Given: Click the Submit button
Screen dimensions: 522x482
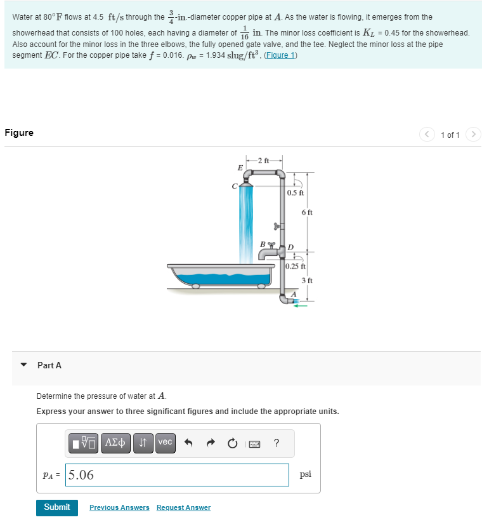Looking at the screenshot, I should coord(56,507).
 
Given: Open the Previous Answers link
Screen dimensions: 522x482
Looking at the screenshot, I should coord(119,507).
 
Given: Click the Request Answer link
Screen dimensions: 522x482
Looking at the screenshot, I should coord(183,507).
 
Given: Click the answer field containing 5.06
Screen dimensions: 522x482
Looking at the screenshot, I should coord(178,475).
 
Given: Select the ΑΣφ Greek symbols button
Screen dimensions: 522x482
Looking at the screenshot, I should coord(117,443).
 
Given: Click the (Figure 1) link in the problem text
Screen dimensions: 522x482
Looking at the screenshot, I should coord(279,55).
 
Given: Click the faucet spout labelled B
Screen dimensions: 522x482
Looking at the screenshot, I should coord(268,253).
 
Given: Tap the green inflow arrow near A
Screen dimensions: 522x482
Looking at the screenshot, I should coord(299,305).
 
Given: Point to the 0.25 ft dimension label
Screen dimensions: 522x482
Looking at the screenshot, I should coord(296,266).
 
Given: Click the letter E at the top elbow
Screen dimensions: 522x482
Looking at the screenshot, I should coord(239,168).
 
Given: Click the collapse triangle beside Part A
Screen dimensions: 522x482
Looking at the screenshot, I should coord(24,365).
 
